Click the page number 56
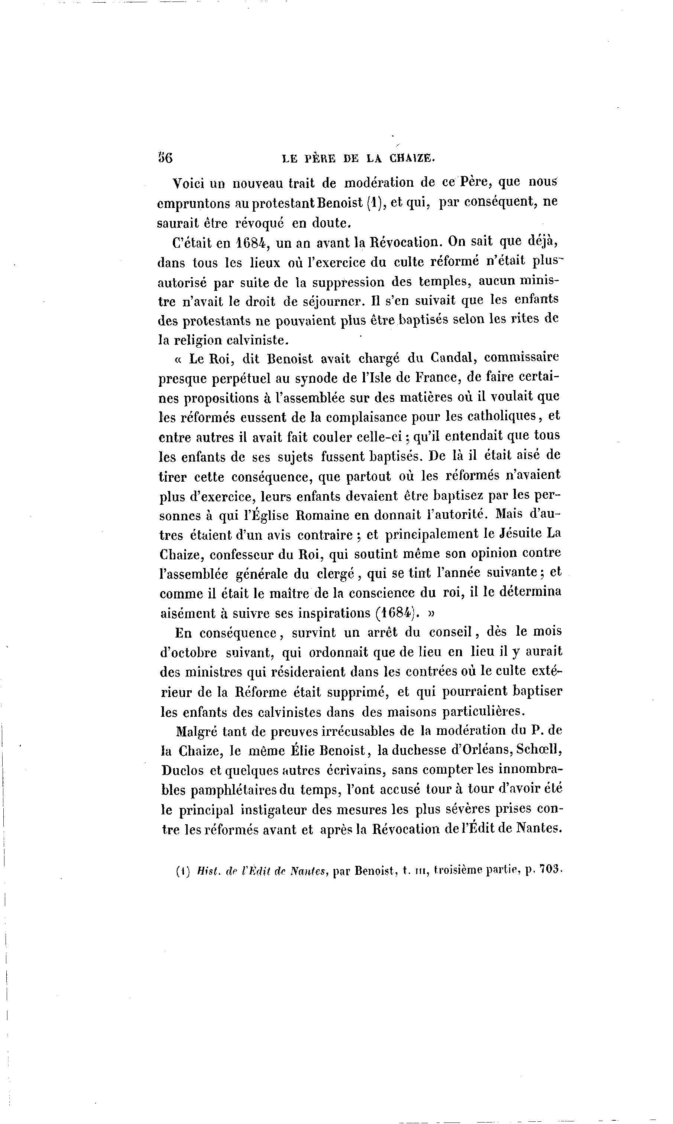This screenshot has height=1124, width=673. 165,158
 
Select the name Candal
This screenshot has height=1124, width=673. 453,358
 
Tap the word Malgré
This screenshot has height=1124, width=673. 198,731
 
